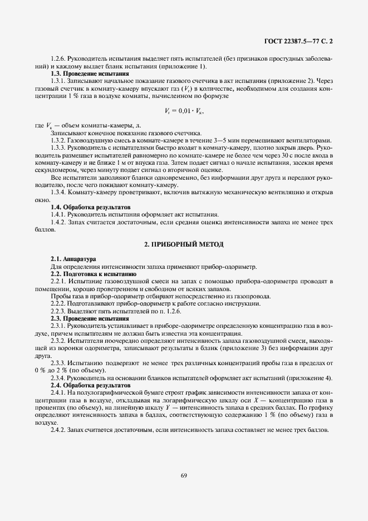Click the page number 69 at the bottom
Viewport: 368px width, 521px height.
[x=184, y=474]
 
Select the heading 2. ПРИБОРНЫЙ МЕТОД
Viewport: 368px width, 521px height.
[x=183, y=245]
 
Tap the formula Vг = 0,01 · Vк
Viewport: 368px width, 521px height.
[x=183, y=111]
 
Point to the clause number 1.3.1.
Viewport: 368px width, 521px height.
[x=59, y=81]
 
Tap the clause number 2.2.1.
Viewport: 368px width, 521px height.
[x=59, y=281]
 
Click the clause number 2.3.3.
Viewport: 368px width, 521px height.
[x=59, y=363]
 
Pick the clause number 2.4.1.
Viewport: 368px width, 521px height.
[x=59, y=392]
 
